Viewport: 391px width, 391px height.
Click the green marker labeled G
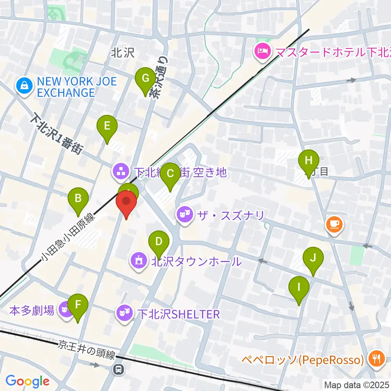click(x=145, y=77)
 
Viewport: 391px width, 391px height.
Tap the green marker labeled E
click(x=107, y=125)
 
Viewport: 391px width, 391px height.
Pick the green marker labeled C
click(x=170, y=173)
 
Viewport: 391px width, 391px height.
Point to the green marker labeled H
click(x=309, y=160)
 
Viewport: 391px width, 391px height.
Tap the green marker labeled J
click(x=313, y=258)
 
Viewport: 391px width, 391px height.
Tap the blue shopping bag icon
click(x=25, y=86)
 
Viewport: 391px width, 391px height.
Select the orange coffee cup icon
click(x=334, y=224)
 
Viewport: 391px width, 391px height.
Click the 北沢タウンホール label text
click(x=197, y=261)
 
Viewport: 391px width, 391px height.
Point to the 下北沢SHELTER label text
click(x=178, y=314)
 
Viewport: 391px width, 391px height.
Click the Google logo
click(x=27, y=381)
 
